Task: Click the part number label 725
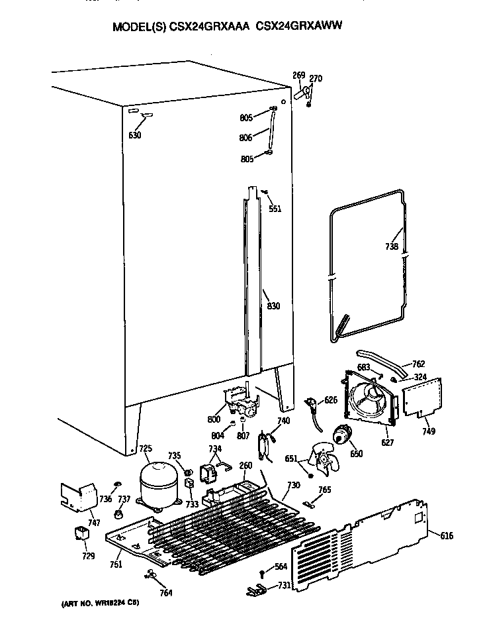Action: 145,449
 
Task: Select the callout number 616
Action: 447,535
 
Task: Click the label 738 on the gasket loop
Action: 391,247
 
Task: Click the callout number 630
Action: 135,135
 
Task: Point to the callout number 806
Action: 246,138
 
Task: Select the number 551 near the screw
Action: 275,209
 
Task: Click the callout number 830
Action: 273,306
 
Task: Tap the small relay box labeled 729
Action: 81,534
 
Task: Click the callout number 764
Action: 166,592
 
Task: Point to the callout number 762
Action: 418,364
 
